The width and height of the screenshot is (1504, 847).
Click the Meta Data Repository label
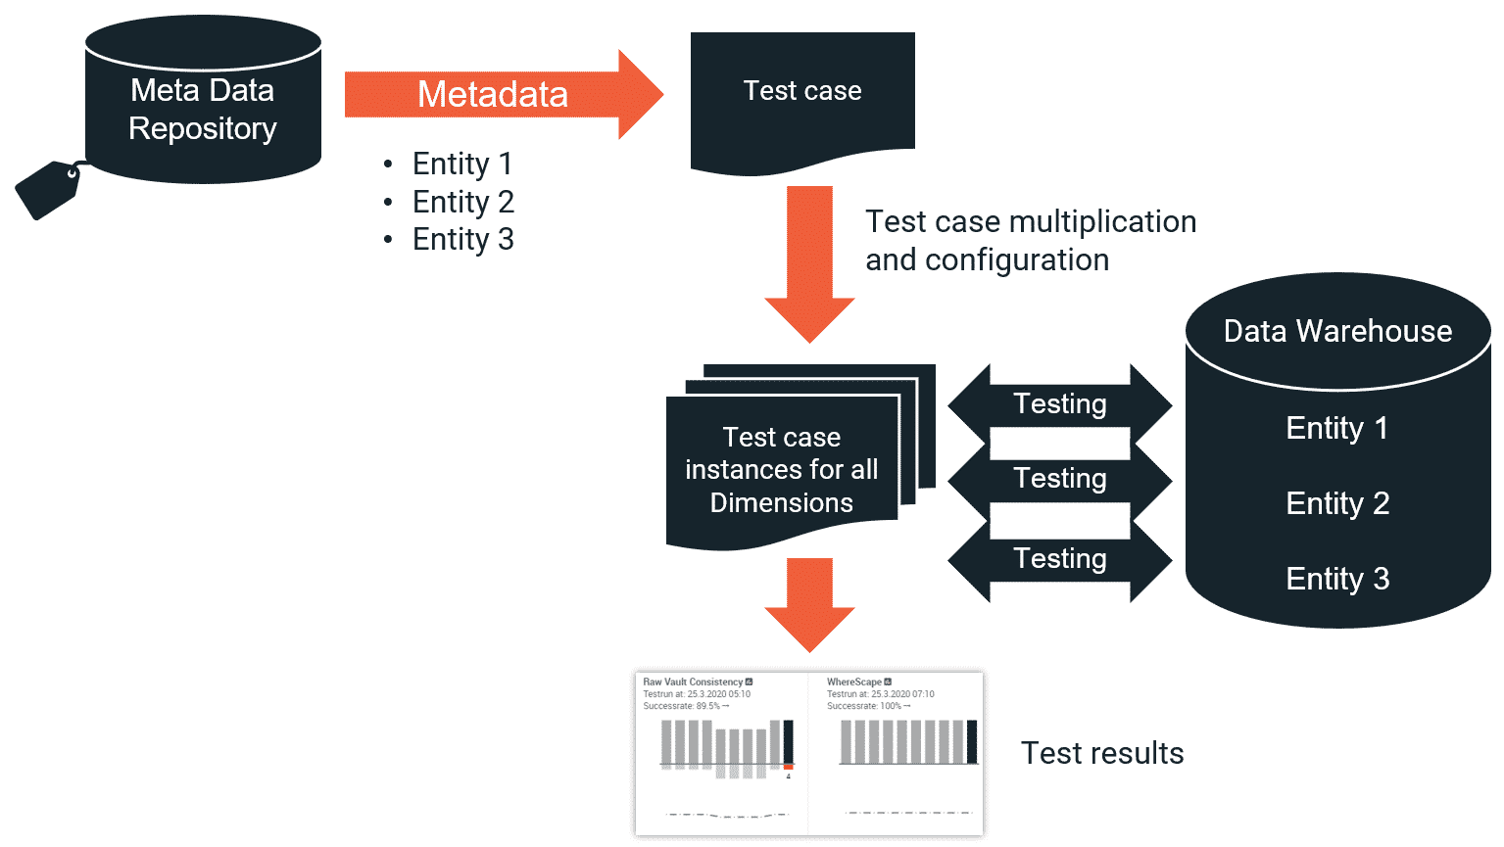(x=203, y=109)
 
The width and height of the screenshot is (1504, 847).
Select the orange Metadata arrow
(x=493, y=95)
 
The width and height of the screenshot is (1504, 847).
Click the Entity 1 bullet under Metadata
(x=461, y=164)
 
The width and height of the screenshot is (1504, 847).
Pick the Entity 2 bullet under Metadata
(x=462, y=202)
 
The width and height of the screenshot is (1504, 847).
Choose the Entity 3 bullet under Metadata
(x=462, y=239)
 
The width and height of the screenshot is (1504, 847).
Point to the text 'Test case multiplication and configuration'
(x=1030, y=241)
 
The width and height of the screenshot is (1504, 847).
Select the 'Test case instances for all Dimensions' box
(x=781, y=470)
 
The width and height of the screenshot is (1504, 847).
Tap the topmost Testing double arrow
(x=1059, y=403)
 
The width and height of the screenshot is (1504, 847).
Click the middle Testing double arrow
(x=1059, y=479)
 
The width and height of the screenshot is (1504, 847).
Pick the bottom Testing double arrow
(x=1059, y=559)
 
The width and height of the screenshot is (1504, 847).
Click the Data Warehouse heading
(x=1337, y=331)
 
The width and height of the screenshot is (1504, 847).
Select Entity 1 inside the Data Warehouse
(x=1336, y=428)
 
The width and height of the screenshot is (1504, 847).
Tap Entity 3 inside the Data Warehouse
(x=1337, y=579)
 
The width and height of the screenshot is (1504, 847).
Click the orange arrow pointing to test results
(x=809, y=602)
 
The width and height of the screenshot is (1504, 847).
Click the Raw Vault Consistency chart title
(x=693, y=682)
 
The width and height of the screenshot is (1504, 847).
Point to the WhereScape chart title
(x=853, y=682)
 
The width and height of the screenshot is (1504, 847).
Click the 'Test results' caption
(x=1102, y=753)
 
